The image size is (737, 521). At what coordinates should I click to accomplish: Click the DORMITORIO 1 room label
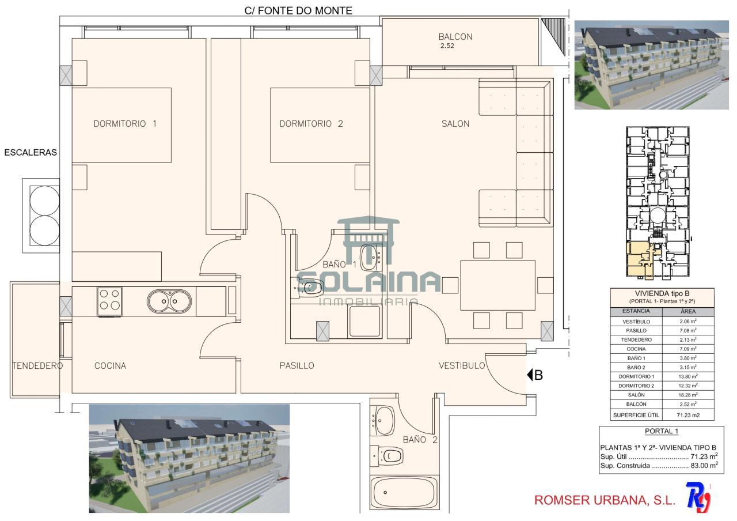125,124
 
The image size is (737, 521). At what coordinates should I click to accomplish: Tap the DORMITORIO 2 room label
311,124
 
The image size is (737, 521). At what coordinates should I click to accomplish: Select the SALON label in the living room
455,124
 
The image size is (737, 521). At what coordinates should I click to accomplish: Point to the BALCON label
455,36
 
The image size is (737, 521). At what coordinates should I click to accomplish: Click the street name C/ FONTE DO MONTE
298,10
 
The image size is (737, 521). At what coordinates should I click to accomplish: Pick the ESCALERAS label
31,153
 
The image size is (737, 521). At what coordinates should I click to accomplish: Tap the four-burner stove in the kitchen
109,301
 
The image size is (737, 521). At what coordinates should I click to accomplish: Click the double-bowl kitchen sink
169,301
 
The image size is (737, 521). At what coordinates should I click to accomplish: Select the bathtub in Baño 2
404,492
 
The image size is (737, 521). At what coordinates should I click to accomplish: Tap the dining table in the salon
497,285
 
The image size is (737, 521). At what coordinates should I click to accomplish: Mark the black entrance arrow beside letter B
530,375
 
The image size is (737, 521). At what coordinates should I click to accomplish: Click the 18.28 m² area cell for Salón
688,395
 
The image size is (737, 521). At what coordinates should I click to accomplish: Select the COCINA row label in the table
636,349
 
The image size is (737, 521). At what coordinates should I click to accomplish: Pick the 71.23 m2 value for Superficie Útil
688,415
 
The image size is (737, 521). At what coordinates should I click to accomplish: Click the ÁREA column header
688,311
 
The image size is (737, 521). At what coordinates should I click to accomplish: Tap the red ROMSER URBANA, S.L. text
605,500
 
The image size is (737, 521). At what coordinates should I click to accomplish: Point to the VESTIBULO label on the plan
462,365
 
